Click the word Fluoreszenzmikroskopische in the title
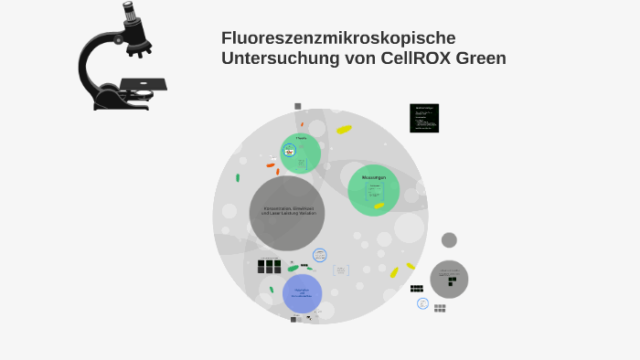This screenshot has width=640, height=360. point(337,38)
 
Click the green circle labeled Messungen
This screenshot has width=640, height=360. point(373,190)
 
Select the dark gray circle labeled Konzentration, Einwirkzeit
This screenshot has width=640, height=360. point(287,212)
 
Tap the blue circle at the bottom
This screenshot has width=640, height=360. point(302,293)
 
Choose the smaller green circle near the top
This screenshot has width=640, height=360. point(301,152)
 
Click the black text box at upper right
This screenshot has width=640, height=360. point(424,118)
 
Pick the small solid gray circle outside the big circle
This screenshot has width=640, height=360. point(449,240)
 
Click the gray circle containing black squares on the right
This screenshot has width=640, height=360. point(449,279)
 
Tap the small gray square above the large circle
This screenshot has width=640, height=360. point(298,106)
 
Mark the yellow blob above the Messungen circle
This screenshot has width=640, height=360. point(344,130)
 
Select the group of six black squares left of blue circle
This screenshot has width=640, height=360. point(269,266)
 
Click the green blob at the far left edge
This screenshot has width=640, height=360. point(238,177)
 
